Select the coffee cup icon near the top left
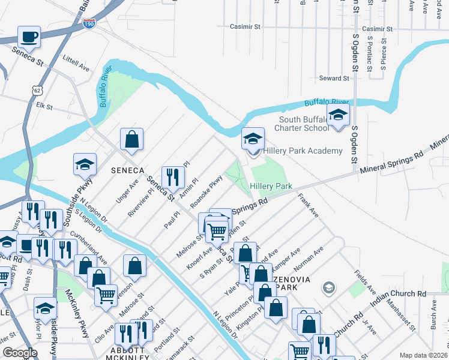click(29, 37)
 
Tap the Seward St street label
click(334, 79)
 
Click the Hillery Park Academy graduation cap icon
click(253, 139)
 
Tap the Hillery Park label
click(271, 187)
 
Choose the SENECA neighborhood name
click(127, 170)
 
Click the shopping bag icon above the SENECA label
click(131, 140)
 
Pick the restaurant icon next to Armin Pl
click(172, 175)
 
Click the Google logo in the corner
click(20, 353)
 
